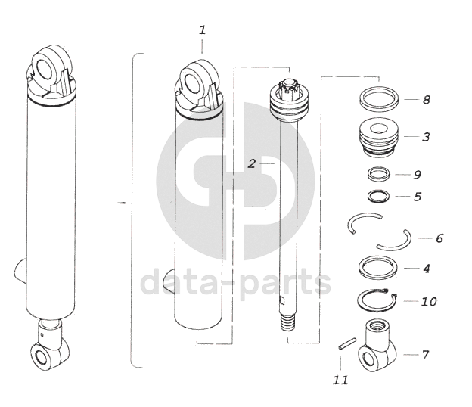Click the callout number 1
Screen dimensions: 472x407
[x=202, y=30]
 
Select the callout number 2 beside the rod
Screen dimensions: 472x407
[x=252, y=163]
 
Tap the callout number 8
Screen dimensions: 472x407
[x=427, y=100]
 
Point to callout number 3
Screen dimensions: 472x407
[x=426, y=137]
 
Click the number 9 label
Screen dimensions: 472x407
[x=417, y=175]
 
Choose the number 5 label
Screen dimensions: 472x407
[x=418, y=197]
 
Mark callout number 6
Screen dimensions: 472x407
[x=439, y=238]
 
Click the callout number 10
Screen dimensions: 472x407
[x=429, y=301]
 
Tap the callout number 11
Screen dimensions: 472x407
[x=340, y=381]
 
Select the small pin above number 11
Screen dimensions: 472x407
[x=347, y=343]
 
